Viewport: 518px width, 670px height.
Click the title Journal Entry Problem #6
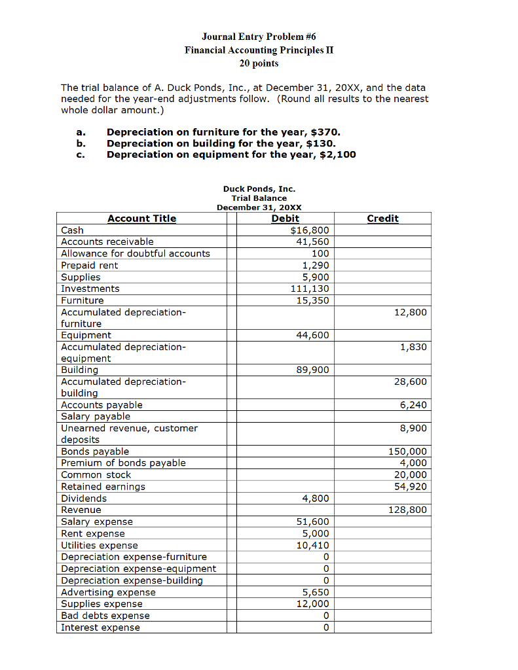tap(259, 37)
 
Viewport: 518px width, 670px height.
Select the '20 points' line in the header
tap(259, 63)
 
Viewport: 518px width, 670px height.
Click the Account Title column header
tap(141, 219)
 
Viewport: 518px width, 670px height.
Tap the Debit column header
tap(285, 219)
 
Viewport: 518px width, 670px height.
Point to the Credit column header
tap(383, 219)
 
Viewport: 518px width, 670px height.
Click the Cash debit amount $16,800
tap(310, 230)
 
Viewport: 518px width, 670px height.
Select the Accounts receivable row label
tap(107, 242)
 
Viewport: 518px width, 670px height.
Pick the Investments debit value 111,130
tap(310, 289)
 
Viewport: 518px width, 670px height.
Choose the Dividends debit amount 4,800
tap(315, 499)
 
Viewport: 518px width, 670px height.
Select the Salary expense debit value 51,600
tap(312, 522)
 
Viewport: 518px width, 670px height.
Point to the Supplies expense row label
tap(102, 604)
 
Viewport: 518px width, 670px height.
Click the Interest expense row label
tap(100, 627)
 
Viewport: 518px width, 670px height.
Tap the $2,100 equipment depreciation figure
tap(341, 155)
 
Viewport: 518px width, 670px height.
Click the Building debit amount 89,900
tap(312, 370)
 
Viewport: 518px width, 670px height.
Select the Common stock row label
tap(96, 475)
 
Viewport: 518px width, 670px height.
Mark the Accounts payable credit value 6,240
tap(413, 405)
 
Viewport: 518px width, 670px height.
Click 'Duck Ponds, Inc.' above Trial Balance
tap(259, 189)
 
